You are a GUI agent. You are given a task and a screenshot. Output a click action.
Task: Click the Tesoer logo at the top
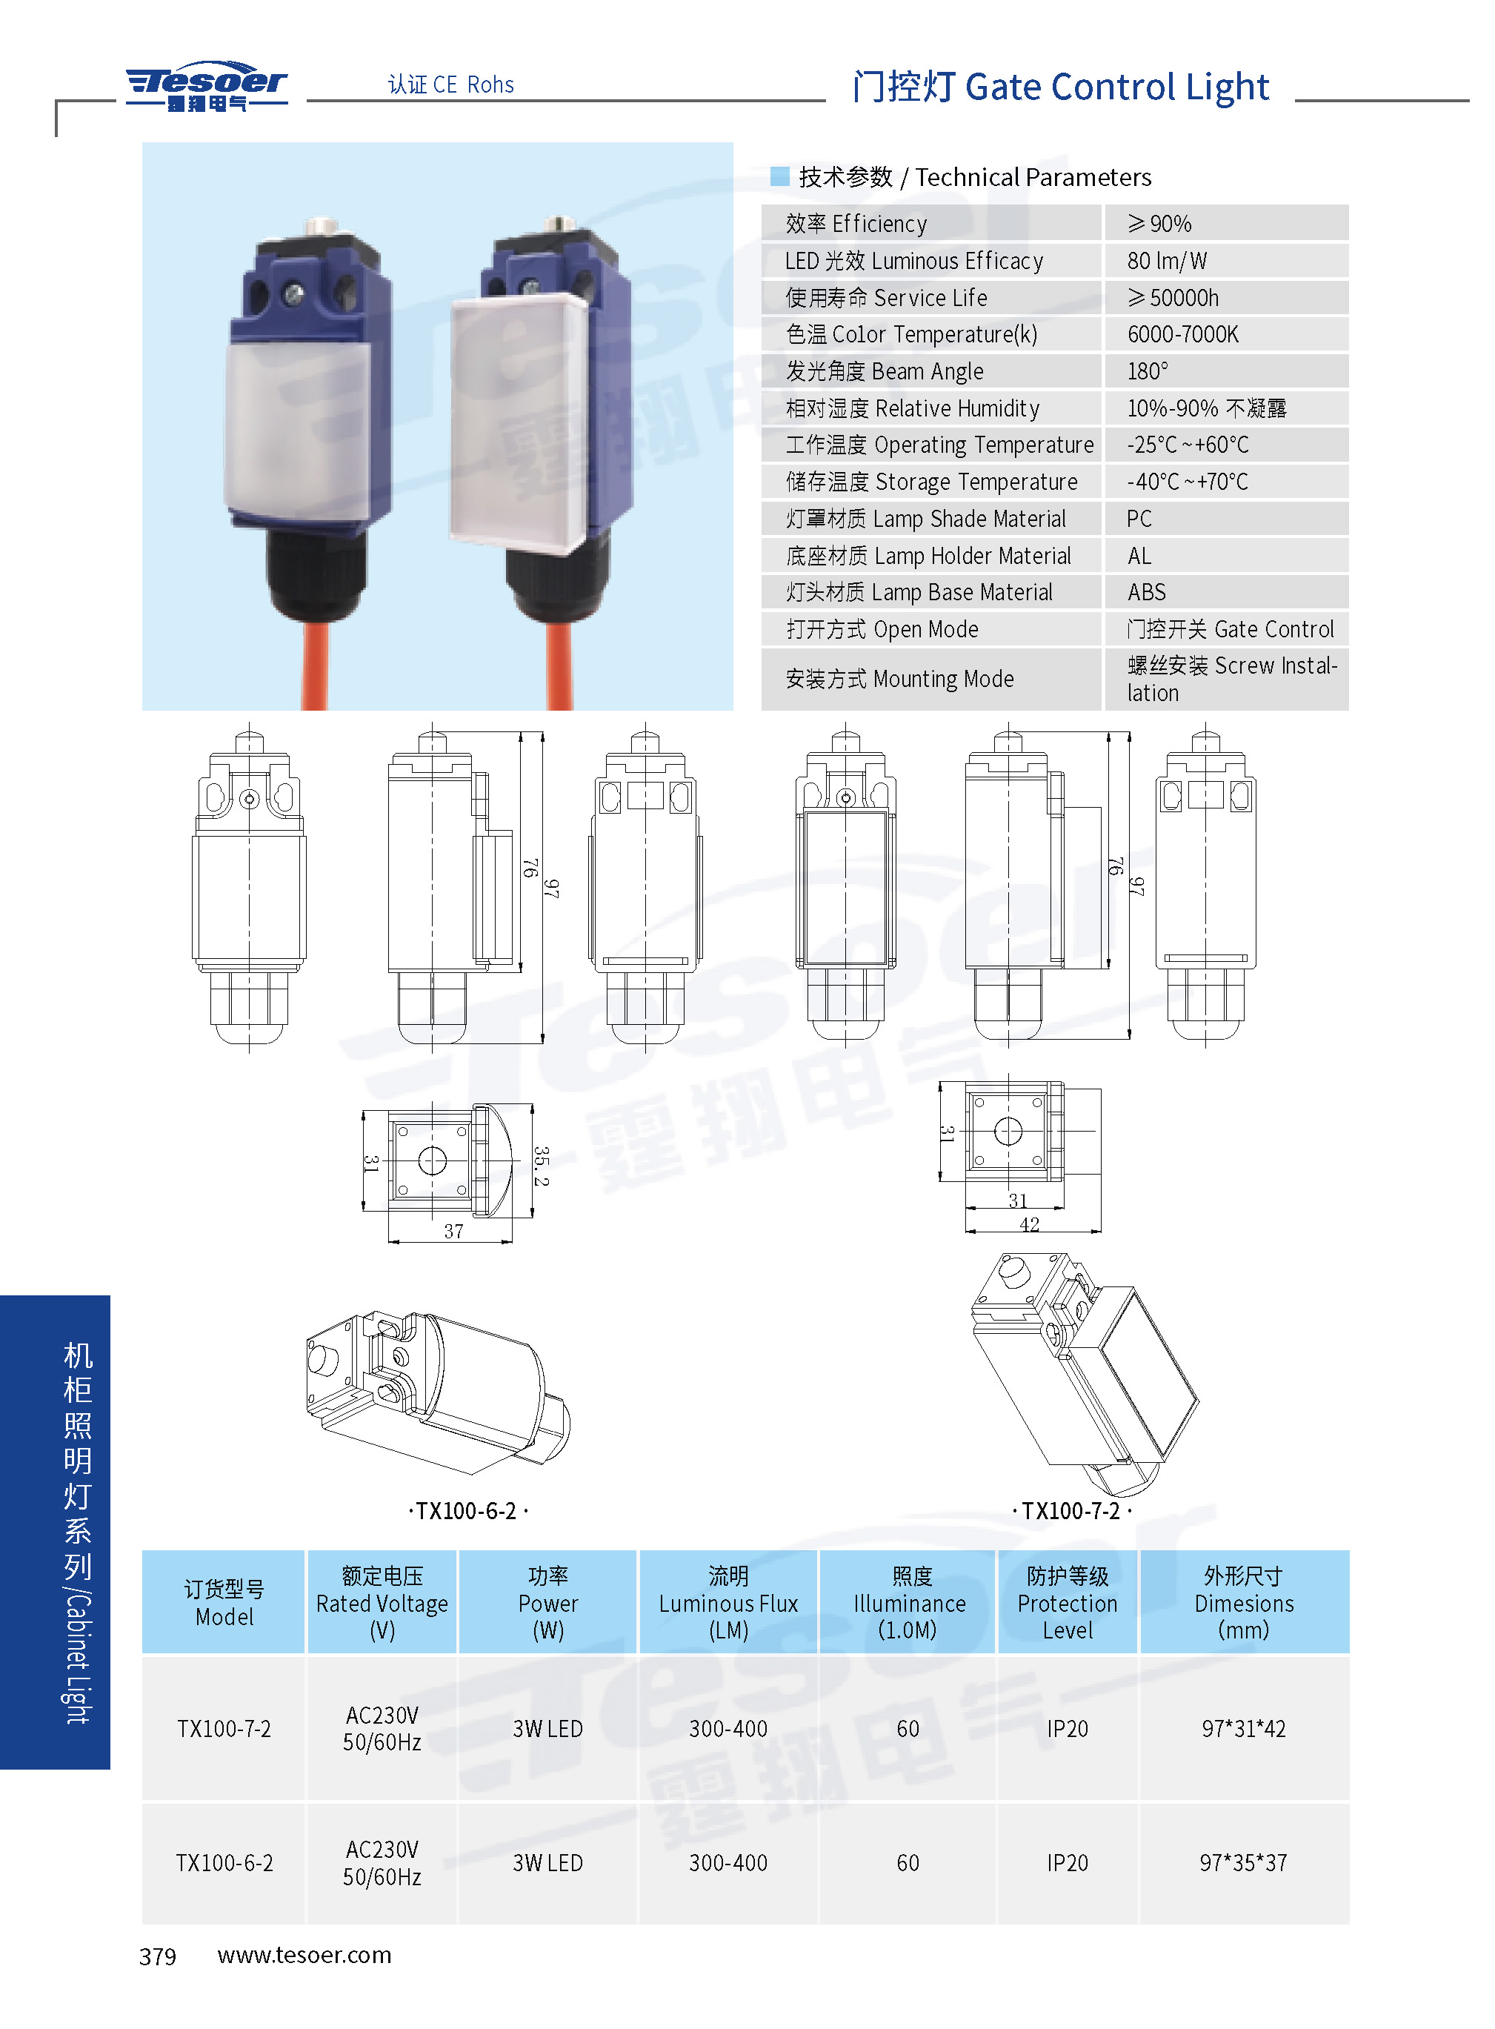207,86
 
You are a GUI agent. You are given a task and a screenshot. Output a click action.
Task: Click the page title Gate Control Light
1116,87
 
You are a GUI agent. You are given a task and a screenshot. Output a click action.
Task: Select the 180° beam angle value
1147,371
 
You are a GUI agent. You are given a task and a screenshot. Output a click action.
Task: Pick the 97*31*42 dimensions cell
1242,1729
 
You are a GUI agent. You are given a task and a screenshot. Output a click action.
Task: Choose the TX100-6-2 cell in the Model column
224,1862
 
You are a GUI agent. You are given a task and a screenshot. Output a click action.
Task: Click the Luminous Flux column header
728,1603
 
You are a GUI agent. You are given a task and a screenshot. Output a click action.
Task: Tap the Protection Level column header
1067,1603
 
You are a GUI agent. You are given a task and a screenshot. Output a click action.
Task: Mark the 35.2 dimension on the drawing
540,1166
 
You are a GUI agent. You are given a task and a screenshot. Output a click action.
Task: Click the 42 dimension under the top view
1029,1224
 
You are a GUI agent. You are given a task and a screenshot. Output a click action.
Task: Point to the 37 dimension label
453,1231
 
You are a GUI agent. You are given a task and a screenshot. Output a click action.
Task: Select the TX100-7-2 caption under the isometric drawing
1071,1510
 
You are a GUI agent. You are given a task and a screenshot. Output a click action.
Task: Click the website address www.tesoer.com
304,1955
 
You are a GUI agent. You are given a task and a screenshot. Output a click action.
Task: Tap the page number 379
158,1956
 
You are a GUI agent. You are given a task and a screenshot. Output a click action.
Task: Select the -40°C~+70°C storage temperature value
1188,482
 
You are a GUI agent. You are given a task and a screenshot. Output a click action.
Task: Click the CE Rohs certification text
450,84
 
